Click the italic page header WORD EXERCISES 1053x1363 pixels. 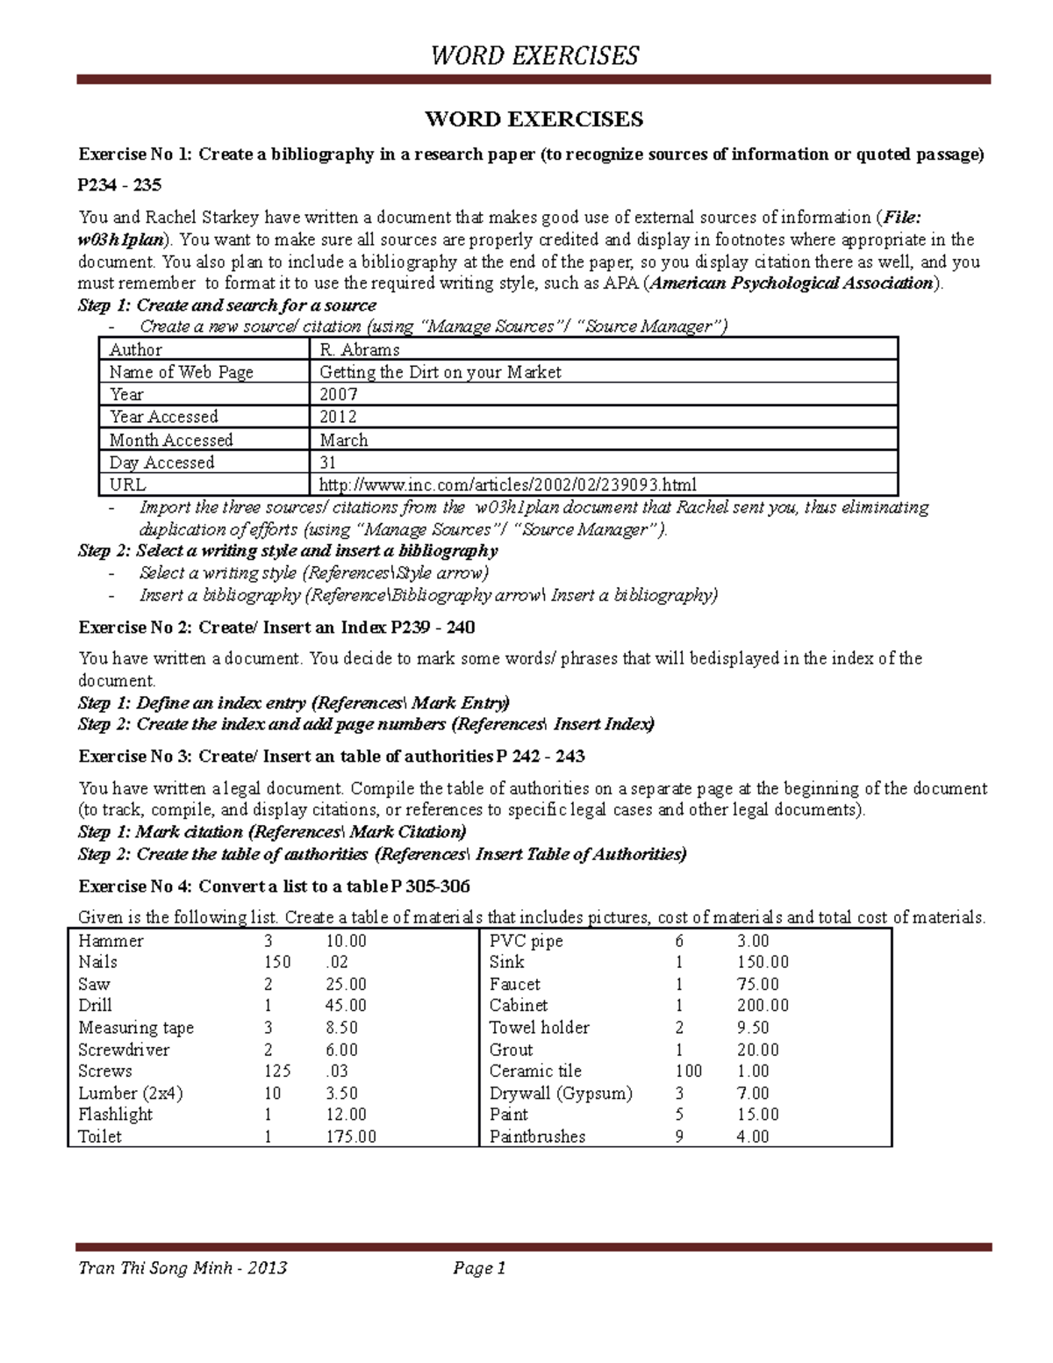534,56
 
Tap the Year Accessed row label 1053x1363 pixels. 163,417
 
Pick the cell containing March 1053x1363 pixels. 343,440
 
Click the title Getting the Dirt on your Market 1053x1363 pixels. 440,372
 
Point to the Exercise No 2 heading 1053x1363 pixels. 276,628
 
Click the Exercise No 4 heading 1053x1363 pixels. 275,886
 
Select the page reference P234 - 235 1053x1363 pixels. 119,185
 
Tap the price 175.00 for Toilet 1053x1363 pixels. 350,1137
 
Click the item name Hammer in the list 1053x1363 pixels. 111,941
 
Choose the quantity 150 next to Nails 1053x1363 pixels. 277,963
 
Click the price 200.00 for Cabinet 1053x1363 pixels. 762,1006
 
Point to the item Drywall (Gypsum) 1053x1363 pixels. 560,1094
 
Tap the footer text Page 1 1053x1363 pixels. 479,1268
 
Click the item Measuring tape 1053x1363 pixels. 136,1028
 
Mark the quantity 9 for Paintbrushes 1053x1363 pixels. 679,1137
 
